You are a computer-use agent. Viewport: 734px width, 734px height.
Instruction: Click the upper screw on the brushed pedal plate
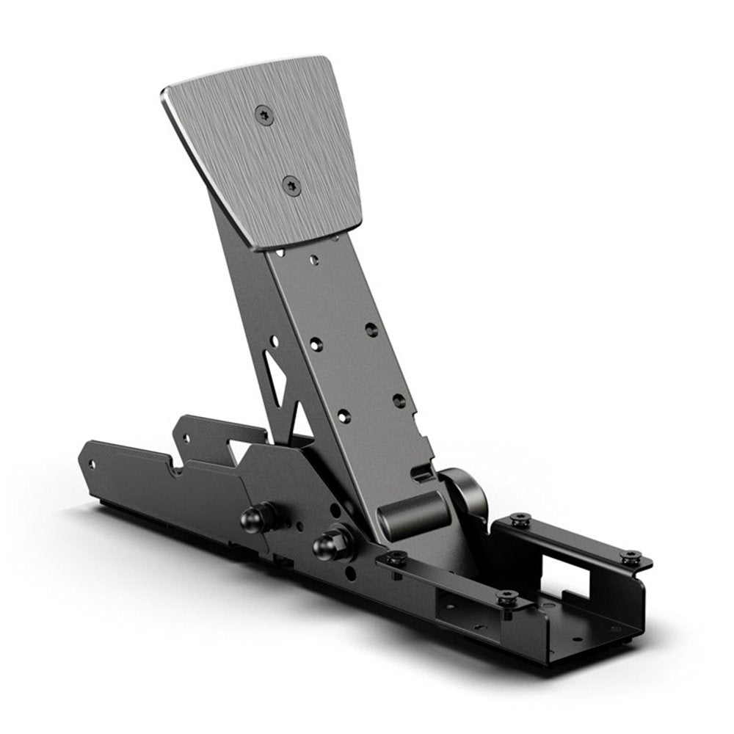click(264, 114)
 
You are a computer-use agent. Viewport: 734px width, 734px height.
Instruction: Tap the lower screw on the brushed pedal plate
click(291, 185)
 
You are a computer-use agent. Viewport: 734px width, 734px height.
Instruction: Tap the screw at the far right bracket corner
click(628, 557)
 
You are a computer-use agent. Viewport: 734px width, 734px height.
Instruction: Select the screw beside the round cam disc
click(520, 520)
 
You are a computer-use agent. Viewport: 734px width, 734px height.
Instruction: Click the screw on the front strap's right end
click(506, 597)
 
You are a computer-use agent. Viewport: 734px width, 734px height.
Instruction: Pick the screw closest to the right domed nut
click(396, 558)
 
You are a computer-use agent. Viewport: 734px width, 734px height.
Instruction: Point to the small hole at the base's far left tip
click(92, 464)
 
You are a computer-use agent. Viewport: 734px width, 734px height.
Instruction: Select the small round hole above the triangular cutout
click(274, 341)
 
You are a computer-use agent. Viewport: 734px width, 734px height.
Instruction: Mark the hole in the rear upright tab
click(186, 438)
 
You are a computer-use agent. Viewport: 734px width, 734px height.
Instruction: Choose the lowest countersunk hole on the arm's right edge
click(399, 400)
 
